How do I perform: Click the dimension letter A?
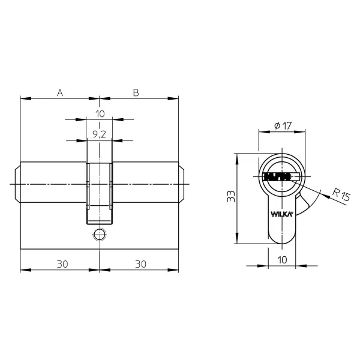tap(59, 92)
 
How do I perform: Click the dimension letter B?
tap(136, 92)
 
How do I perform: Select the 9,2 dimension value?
tap(100, 134)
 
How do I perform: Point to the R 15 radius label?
tap(341, 195)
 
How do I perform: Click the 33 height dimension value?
tap(230, 199)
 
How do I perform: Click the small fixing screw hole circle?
tap(100, 234)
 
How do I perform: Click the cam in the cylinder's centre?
tap(100, 192)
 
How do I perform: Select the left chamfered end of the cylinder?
tap(16, 184)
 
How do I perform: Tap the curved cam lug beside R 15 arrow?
tap(307, 201)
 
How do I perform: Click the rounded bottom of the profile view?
tap(281, 241)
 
